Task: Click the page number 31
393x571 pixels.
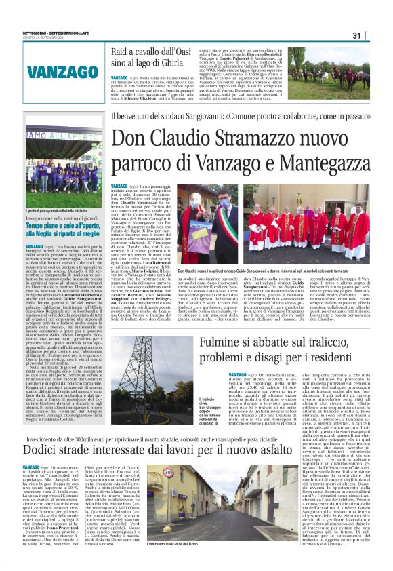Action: click(375, 35)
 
